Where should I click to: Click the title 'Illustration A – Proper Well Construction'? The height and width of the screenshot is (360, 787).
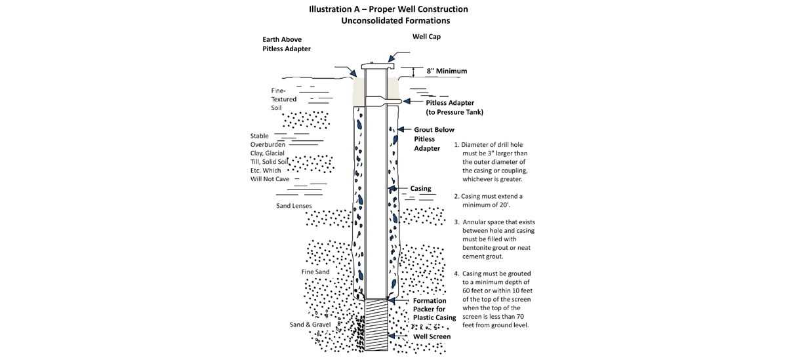click(388, 9)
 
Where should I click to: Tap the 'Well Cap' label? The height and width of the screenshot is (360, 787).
click(426, 37)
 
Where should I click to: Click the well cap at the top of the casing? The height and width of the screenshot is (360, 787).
click(378, 66)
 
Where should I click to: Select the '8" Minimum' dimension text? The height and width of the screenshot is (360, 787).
click(447, 71)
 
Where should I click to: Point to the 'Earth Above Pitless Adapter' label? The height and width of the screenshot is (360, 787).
click(287, 44)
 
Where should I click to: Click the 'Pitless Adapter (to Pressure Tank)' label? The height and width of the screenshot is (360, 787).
click(454, 108)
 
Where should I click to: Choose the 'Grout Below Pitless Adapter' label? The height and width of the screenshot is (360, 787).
click(434, 139)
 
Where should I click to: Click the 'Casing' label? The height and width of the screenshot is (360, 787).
click(420, 189)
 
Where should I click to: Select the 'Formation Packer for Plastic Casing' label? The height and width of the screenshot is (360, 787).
click(434, 309)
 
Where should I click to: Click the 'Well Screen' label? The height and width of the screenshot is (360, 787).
click(432, 336)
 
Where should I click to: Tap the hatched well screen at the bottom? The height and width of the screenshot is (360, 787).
click(376, 325)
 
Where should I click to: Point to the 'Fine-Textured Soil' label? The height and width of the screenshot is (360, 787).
click(283, 100)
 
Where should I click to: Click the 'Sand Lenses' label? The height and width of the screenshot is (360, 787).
click(294, 206)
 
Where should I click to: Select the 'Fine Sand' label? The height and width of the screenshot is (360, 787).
click(315, 272)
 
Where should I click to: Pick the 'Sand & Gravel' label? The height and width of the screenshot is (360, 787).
click(310, 325)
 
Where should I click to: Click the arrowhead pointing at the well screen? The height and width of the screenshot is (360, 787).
click(392, 336)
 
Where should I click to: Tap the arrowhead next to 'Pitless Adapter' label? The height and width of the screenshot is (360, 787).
click(407, 101)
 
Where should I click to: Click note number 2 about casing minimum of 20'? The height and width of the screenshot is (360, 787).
click(489, 201)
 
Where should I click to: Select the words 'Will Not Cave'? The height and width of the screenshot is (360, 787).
click(270, 179)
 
